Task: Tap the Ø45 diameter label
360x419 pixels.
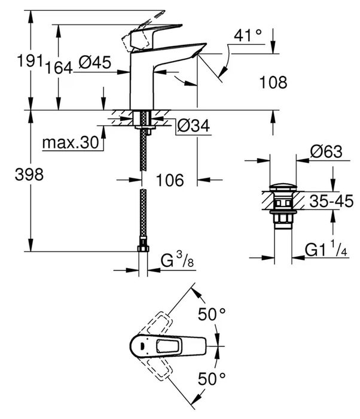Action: point(94,64)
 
